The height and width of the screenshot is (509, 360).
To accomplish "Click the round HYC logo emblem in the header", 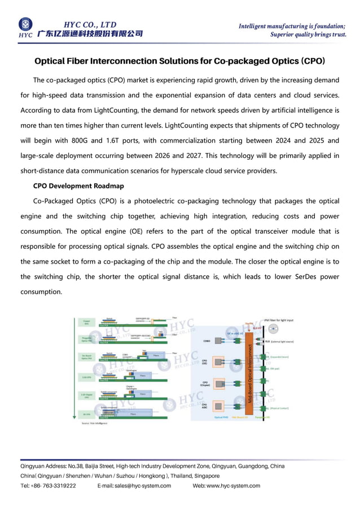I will point(25,24).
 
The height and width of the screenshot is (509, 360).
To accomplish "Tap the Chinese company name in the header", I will point(90,34).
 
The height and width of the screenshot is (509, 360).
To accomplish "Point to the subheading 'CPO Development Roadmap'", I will point(78,186).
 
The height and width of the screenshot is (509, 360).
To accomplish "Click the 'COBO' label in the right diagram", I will point(207,341).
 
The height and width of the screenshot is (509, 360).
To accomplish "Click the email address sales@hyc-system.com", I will point(134,486).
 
